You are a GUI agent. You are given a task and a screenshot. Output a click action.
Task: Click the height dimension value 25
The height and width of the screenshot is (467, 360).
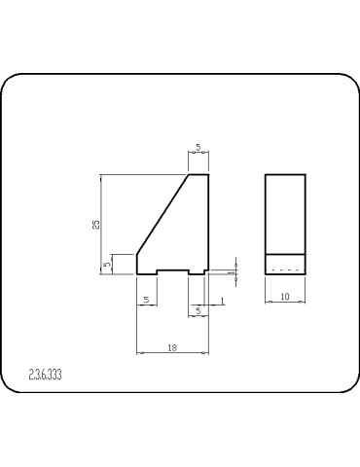point(95,224)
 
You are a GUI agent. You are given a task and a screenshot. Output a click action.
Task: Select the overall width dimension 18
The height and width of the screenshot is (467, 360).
point(172,346)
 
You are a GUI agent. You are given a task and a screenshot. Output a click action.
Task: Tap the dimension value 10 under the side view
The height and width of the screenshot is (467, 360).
point(285,295)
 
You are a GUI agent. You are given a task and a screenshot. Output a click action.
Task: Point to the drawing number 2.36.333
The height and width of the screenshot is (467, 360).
point(46,373)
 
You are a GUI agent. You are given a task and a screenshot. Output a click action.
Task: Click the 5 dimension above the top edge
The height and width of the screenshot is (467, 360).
point(198,148)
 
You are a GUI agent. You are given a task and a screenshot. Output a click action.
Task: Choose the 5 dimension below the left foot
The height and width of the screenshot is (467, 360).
point(146,301)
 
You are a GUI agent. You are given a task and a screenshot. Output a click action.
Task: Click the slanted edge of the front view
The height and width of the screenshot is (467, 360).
point(162,215)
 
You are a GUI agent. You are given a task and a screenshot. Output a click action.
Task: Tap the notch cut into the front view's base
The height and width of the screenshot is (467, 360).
point(172,269)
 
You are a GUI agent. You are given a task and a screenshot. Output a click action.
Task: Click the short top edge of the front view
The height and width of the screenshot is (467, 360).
point(198,175)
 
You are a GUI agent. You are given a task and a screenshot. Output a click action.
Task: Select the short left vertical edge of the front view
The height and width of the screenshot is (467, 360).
point(136,264)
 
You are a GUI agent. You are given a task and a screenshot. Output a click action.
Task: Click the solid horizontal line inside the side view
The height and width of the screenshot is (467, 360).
point(285,254)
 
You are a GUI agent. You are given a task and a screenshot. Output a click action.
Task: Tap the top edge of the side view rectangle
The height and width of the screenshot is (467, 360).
point(285,175)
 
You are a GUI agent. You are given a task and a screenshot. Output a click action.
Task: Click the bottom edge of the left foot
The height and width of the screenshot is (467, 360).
point(147,274)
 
